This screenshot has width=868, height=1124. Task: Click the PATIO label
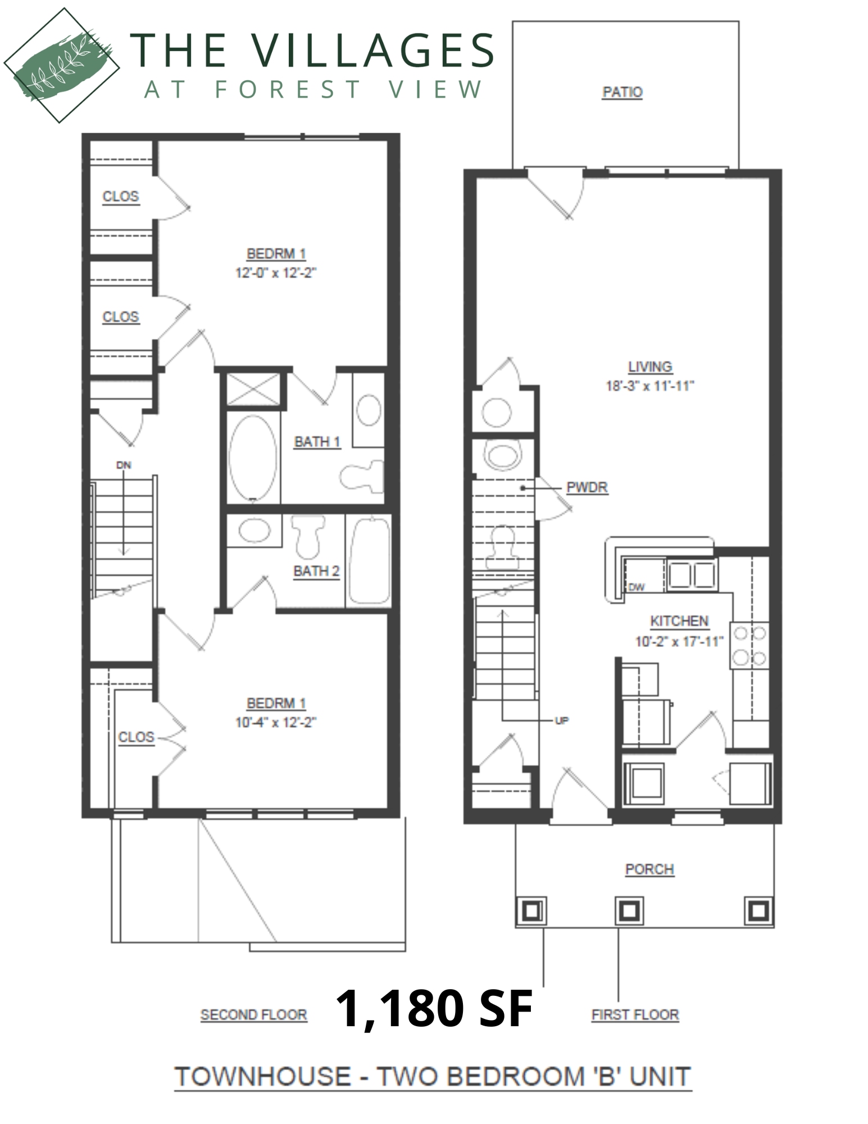pos(622,92)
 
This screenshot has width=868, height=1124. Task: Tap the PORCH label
pos(649,869)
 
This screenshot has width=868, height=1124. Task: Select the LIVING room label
pos(650,366)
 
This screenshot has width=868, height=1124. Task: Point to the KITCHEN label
pos(679,621)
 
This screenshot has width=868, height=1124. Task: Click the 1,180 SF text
pos(434,1008)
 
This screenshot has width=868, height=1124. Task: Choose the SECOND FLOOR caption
pos(254,1014)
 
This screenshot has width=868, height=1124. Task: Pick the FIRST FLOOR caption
pos(635,1014)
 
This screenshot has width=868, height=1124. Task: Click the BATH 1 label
pos(317,442)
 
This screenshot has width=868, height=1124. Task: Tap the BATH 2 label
pos(316,571)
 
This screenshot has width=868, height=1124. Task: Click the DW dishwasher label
pos(637,587)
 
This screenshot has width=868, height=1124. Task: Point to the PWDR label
pos(587,487)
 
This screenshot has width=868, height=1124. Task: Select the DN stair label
pos(124,465)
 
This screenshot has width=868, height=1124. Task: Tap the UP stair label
pos(562,720)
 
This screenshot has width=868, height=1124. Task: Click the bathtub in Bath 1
pos(253,457)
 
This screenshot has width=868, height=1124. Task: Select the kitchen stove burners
pos(749,645)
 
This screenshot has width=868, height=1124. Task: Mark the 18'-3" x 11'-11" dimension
pos(650,386)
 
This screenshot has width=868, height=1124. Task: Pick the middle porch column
pos(628,910)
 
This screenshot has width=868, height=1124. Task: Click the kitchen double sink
pos(691,574)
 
